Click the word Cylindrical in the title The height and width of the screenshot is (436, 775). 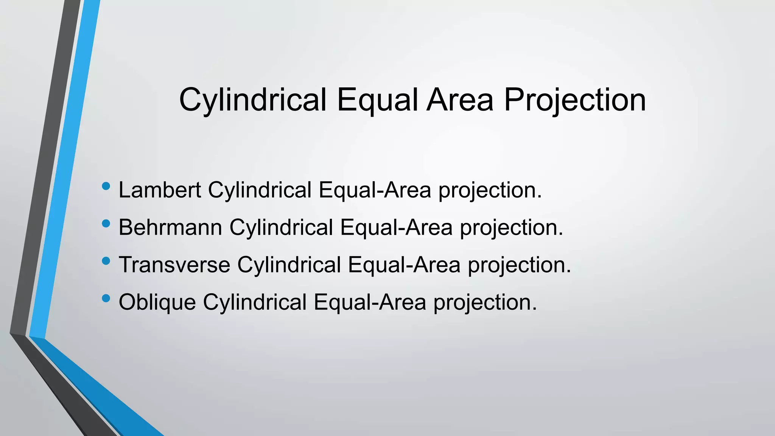(252, 100)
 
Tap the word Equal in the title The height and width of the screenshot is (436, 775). (377, 100)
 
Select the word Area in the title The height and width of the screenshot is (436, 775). (460, 100)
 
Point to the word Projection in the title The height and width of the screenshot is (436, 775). (575, 100)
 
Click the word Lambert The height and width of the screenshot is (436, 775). (159, 190)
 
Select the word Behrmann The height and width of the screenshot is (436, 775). (170, 227)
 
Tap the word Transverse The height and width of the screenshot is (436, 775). (174, 264)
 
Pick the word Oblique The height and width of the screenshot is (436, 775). (157, 302)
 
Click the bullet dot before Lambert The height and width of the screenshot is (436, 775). (106, 186)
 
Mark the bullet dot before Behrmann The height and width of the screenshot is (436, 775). (106, 224)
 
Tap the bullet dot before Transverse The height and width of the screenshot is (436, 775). (106, 261)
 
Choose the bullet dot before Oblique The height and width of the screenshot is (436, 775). (106, 299)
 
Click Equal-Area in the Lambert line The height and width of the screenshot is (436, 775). (375, 190)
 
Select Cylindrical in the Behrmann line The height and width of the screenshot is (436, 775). (281, 227)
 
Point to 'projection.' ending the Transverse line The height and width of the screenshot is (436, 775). (519, 265)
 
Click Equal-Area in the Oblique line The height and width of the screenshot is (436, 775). (370, 302)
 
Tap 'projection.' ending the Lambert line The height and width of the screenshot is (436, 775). (490, 190)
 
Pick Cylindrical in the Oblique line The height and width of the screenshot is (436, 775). (254, 302)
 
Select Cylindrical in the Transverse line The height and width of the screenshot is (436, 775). (289, 264)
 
